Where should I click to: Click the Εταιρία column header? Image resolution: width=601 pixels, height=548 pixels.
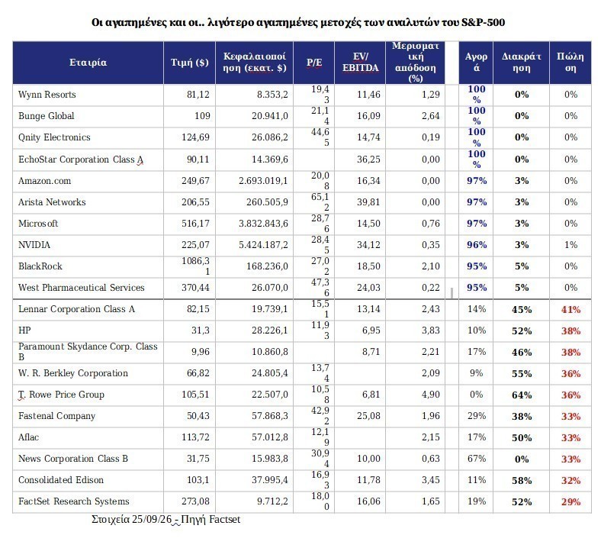click(88, 63)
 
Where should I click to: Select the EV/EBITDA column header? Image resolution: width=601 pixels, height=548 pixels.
click(360, 63)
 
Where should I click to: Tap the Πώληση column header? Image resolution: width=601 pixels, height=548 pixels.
click(570, 63)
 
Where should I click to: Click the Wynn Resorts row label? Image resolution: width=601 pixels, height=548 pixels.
click(47, 95)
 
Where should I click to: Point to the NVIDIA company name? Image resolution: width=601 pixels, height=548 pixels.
click(34, 245)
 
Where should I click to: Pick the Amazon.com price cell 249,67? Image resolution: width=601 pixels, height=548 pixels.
click(195, 181)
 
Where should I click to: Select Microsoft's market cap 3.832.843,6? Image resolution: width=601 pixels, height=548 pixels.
click(263, 224)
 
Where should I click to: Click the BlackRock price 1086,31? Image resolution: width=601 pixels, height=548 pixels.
click(195, 266)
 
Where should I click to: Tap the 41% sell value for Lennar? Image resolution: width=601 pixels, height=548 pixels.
click(570, 309)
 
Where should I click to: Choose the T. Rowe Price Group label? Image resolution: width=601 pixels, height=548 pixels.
click(61, 395)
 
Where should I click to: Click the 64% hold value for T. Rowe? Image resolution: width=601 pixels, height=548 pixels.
click(522, 395)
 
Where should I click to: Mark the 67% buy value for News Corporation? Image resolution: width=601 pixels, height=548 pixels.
click(477, 459)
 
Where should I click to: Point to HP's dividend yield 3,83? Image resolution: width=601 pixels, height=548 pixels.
click(431, 330)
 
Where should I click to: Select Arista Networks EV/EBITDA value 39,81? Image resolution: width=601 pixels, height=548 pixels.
click(368, 202)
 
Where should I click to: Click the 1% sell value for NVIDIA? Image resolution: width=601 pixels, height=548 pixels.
click(570, 245)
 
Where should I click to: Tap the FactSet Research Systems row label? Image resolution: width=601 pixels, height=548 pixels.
click(73, 501)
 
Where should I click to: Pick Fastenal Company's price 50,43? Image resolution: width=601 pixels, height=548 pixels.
click(198, 416)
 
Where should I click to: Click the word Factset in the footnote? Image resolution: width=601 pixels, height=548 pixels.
click(224, 519)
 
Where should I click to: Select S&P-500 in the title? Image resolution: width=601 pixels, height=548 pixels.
click(484, 22)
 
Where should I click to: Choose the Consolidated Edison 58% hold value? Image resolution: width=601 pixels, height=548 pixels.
click(522, 481)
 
